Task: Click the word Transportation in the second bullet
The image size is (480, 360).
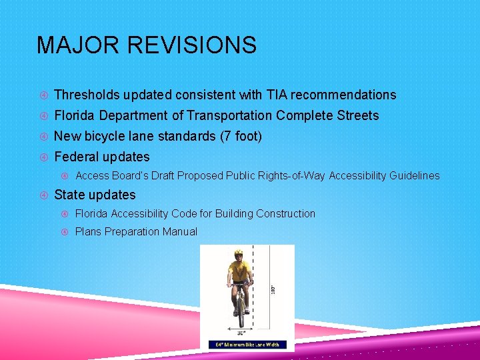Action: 229,115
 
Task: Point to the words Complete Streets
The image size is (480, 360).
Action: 327,115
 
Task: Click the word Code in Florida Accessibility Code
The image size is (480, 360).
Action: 200,213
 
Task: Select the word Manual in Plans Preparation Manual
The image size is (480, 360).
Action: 177,231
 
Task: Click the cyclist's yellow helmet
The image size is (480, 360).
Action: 239,253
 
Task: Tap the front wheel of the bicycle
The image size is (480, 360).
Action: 240,313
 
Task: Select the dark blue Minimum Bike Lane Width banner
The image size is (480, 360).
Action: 247,345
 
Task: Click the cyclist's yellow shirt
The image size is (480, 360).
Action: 239,272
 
